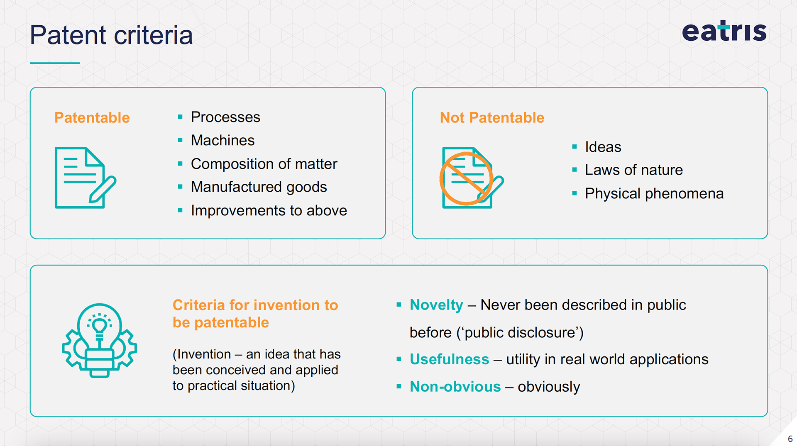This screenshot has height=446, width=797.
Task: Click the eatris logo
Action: click(x=724, y=31)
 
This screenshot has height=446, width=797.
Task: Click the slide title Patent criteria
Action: click(x=111, y=35)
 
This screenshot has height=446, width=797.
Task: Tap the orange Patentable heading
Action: click(x=92, y=118)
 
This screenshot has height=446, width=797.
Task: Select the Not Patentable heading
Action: click(x=492, y=118)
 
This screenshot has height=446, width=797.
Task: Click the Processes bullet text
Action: click(x=225, y=117)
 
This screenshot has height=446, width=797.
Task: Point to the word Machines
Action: click(x=222, y=140)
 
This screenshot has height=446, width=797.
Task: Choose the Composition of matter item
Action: click(x=264, y=164)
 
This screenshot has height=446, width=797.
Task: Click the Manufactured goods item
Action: click(x=259, y=187)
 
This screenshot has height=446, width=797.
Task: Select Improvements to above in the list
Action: click(x=269, y=211)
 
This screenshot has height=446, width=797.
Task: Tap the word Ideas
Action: click(x=603, y=147)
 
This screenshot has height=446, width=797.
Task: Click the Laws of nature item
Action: click(x=634, y=170)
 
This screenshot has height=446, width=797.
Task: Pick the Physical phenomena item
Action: click(x=654, y=194)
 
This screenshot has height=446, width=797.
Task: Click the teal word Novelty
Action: click(x=436, y=305)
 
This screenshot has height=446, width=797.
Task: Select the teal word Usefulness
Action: click(x=450, y=359)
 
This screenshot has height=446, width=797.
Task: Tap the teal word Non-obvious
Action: click(x=455, y=387)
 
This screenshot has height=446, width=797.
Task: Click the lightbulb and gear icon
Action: click(x=100, y=340)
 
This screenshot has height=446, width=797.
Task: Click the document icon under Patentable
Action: click(x=86, y=178)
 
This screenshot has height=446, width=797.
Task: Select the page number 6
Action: click(x=790, y=439)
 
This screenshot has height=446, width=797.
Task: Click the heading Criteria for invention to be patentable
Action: click(x=255, y=314)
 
